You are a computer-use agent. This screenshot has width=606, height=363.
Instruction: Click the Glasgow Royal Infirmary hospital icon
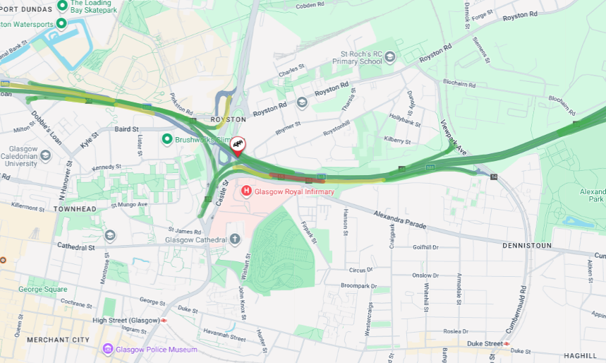click(x=246, y=191)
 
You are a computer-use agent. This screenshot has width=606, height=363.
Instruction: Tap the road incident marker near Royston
click(x=238, y=145)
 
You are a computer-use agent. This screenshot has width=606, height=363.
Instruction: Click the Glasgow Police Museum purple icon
click(x=108, y=349)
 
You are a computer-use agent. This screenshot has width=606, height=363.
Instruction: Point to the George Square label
click(x=43, y=289)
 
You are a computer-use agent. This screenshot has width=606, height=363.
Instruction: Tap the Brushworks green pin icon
click(x=167, y=140)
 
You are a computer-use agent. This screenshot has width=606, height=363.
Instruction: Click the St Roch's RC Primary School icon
click(x=390, y=56)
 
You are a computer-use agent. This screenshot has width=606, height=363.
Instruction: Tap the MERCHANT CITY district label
click(x=59, y=340)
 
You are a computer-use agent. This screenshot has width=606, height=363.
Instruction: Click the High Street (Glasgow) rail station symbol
click(x=164, y=320)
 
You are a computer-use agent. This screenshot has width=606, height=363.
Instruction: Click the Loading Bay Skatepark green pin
click(x=61, y=6)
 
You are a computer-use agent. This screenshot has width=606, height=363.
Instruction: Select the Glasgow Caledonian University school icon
click(x=45, y=155)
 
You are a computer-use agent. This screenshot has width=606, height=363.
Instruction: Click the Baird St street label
click(x=126, y=129)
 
